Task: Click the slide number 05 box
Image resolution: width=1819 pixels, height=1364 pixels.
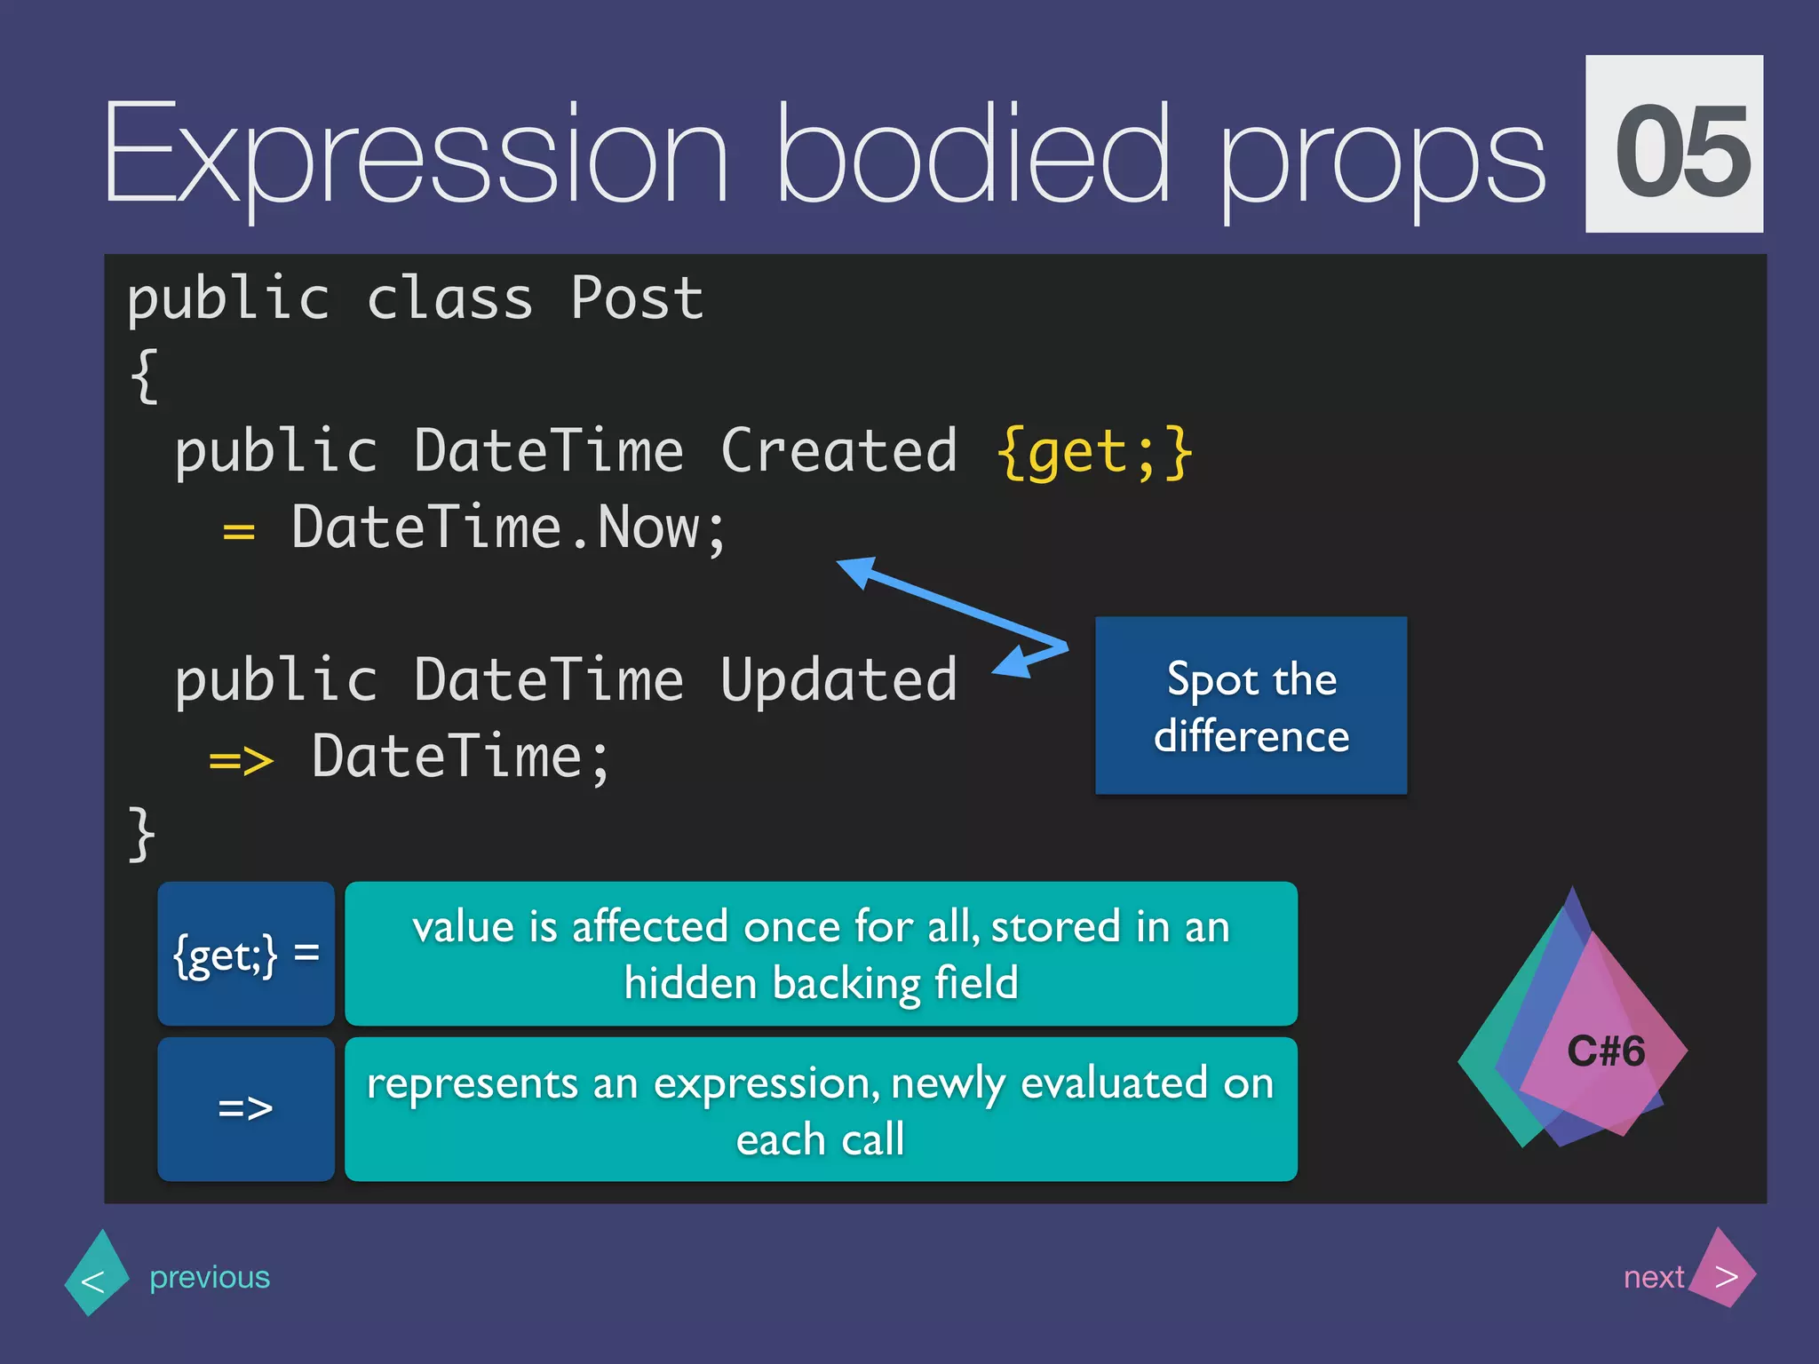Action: pyautogui.click(x=1673, y=144)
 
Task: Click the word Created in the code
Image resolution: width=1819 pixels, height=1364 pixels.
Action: pyautogui.click(x=838, y=451)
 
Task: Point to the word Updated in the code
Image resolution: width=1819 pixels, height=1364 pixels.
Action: pyautogui.click(x=838, y=680)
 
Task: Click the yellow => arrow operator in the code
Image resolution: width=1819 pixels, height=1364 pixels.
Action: pyautogui.click(x=241, y=760)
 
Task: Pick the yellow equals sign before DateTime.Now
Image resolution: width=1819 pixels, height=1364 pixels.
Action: pyautogui.click(x=238, y=532)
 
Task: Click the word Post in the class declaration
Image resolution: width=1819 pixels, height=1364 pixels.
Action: pyautogui.click(x=636, y=298)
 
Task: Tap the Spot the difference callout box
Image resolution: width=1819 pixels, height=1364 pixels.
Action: pyautogui.click(x=1251, y=706)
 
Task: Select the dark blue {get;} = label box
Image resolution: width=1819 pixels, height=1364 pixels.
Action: pyautogui.click(x=246, y=954)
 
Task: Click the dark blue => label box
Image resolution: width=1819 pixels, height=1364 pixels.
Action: pyautogui.click(x=246, y=1109)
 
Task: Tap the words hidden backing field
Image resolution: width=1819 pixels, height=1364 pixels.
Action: pyautogui.click(x=821, y=984)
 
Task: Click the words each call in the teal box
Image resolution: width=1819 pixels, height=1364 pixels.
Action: pyautogui.click(x=821, y=1140)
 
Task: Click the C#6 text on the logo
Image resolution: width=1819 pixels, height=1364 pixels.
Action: pyautogui.click(x=1605, y=1051)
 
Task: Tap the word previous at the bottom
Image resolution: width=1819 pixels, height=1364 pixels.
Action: pyautogui.click(x=210, y=1277)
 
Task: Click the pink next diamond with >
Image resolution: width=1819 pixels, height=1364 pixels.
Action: pyautogui.click(x=1723, y=1275)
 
